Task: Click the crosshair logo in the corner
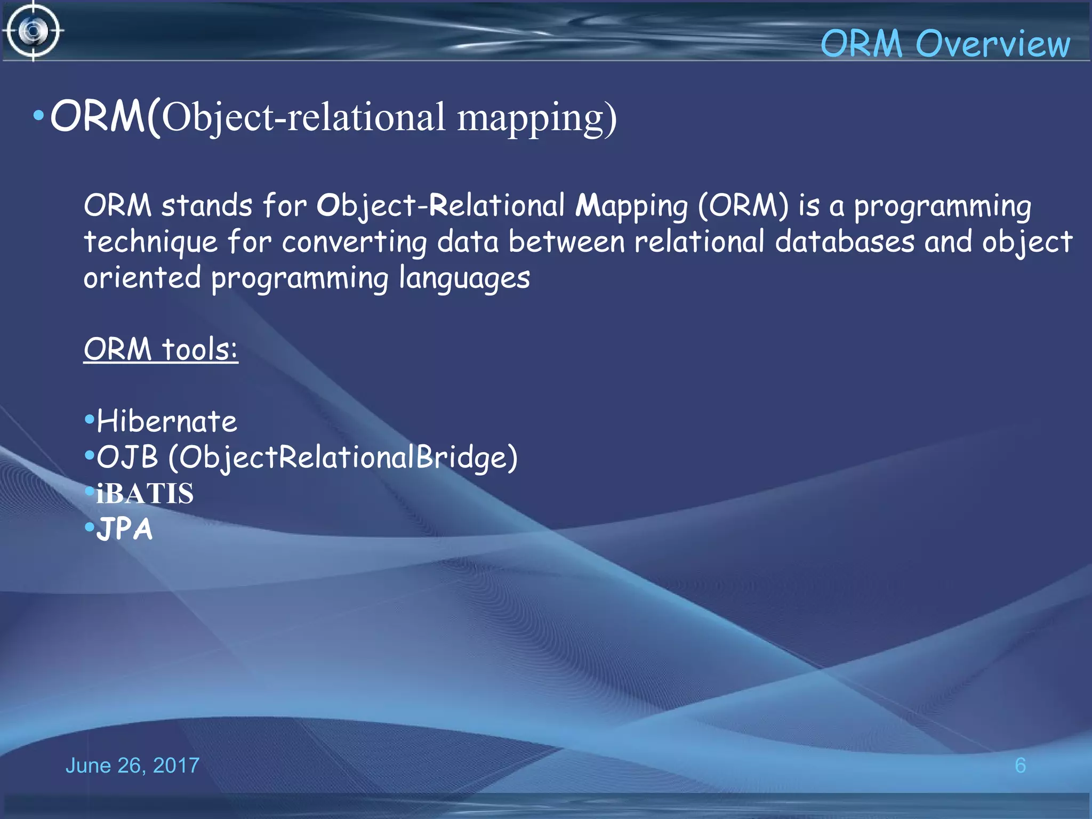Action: pos(33,31)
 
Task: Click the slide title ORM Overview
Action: pos(944,44)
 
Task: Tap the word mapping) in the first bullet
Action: pos(536,118)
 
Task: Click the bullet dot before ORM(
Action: pos(38,116)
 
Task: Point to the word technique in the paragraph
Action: pos(151,243)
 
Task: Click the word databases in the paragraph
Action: pos(844,243)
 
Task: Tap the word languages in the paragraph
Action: pos(464,279)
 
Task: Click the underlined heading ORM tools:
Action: pos(160,350)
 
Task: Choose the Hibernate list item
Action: pos(166,422)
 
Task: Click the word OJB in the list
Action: pos(127,457)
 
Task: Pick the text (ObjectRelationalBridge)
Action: pos(343,457)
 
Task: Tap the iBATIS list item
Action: pos(144,493)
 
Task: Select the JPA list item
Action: pos(125,529)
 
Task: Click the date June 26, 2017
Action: pos(132,766)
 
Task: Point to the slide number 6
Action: pos(1020,766)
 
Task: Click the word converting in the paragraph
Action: pos(354,243)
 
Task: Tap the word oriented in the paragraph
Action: pos(142,278)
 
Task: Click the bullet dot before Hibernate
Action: pos(90,419)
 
